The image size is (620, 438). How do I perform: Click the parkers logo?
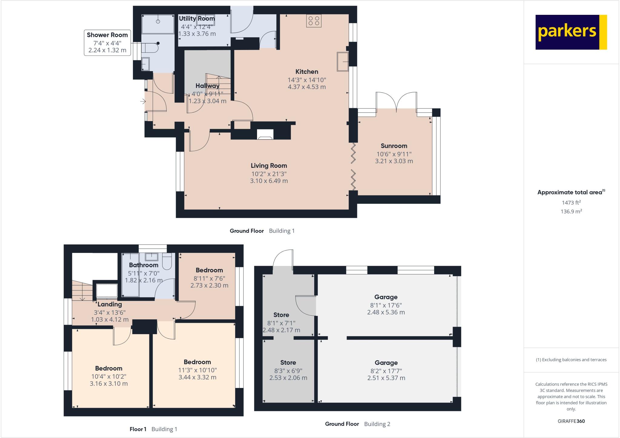[x=571, y=32]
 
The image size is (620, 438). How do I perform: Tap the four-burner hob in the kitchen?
[x=314, y=21]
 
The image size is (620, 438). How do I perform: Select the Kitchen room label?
[x=307, y=72]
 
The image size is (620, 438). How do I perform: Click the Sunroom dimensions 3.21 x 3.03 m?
[x=394, y=161]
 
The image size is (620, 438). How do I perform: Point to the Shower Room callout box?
[x=107, y=43]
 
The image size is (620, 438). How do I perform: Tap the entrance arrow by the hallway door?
[x=143, y=101]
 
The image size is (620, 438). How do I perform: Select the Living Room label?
[x=269, y=166]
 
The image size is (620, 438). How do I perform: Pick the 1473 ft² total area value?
[x=571, y=203]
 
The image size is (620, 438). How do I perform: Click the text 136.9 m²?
[x=571, y=211]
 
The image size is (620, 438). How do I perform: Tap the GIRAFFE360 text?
[x=571, y=421]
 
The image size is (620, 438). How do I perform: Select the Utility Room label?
[x=197, y=18]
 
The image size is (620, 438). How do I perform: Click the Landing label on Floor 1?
[x=110, y=304]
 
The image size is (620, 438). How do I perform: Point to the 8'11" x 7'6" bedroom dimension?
[x=209, y=278]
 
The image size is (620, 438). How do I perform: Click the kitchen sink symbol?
[x=343, y=62]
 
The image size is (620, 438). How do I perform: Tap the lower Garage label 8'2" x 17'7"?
[x=386, y=371]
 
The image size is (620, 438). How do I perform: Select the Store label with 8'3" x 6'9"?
[x=288, y=363]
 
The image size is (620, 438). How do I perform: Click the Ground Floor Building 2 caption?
[x=358, y=424]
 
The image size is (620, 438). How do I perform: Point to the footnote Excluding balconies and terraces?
[x=571, y=360]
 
